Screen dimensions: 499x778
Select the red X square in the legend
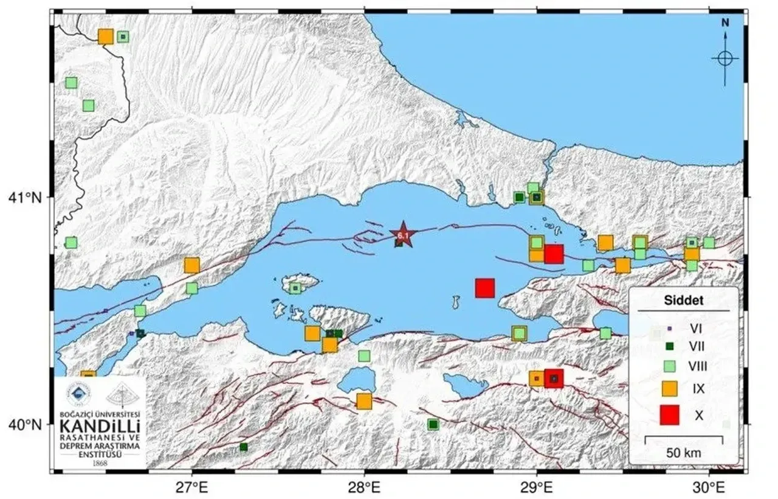[669, 414]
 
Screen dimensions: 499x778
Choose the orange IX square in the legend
[669, 387]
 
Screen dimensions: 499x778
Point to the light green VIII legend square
[669, 366]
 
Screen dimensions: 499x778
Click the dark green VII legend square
[669, 346]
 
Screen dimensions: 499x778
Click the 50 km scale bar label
[684, 453]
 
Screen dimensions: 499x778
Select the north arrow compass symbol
[725, 58]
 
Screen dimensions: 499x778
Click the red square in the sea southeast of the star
[484, 288]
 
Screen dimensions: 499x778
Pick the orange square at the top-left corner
[106, 37]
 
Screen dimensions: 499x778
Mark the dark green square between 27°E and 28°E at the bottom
[243, 447]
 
